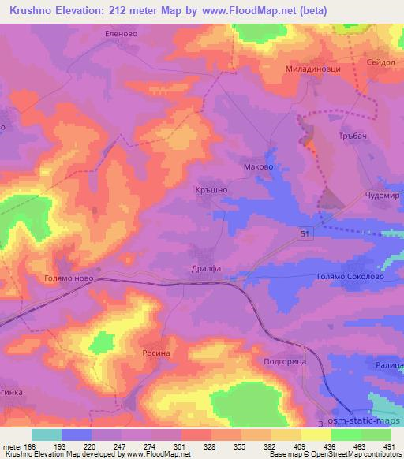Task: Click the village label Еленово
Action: [x=122, y=34]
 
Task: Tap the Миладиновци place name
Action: [x=313, y=69]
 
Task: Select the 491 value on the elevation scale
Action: [x=389, y=446]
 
